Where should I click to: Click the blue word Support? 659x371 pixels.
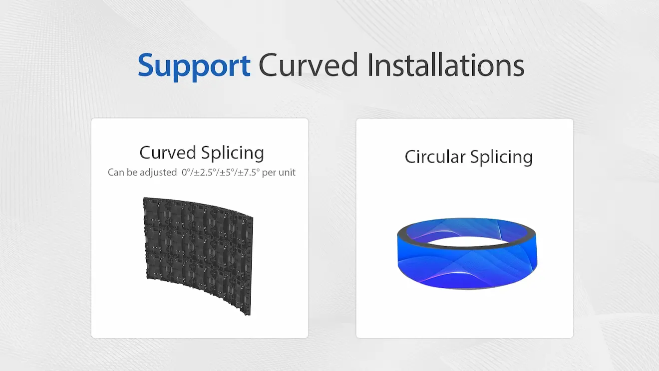click(194, 66)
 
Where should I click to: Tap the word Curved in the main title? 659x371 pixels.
click(308, 65)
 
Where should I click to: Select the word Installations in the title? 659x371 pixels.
click(446, 65)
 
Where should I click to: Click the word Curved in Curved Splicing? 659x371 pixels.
click(168, 152)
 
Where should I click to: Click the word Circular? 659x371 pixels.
click(435, 157)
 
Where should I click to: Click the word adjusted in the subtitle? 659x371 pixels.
click(158, 172)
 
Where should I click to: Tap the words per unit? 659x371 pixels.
click(279, 172)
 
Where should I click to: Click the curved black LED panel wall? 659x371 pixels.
click(198, 253)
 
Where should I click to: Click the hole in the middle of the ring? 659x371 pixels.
click(467, 242)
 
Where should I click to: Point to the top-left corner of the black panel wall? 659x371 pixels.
click(143, 197)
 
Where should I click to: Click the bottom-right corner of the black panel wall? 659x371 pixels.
click(250, 315)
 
